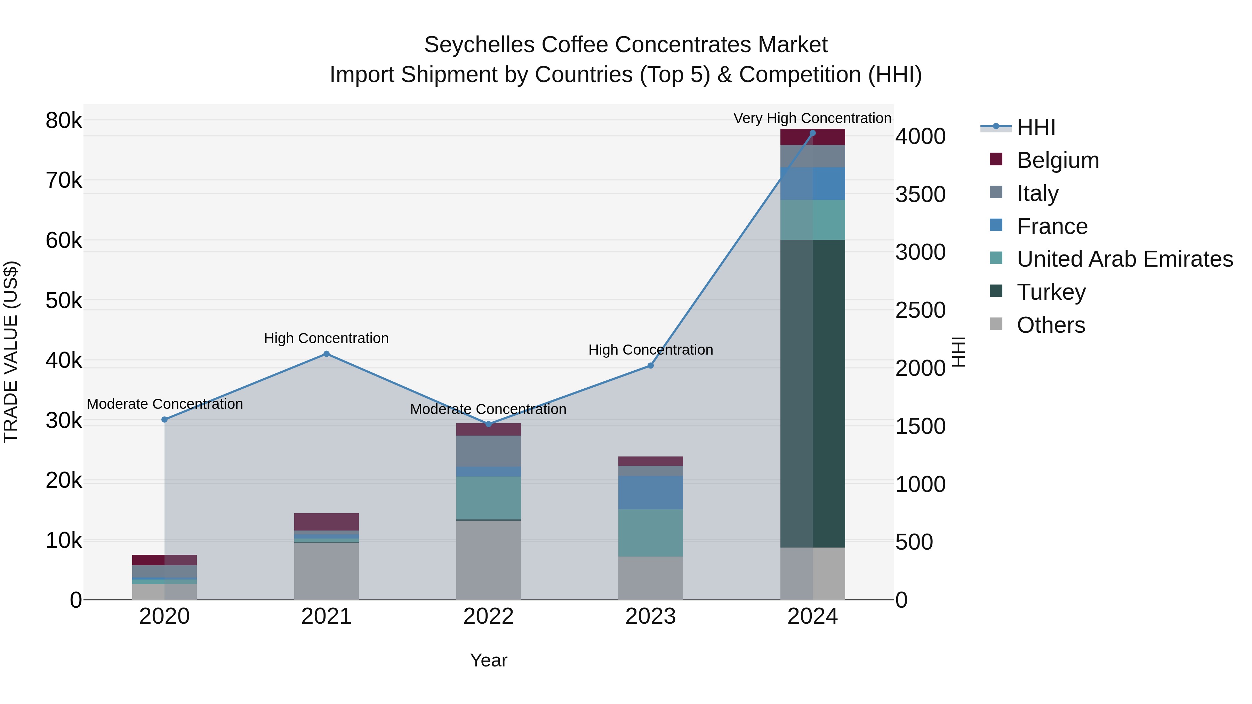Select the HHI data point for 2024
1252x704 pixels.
pyautogui.click(x=813, y=133)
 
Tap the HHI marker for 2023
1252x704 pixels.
pyautogui.click(x=651, y=365)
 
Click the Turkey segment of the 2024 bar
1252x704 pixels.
pyautogui.click(x=813, y=394)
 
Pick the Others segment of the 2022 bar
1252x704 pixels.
pyautogui.click(x=489, y=560)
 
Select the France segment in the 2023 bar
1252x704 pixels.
pyautogui.click(x=651, y=492)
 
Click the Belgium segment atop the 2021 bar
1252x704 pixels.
pyautogui.click(x=327, y=521)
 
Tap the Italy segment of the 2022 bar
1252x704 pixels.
pyautogui.click(x=489, y=451)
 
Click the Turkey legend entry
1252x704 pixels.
pyautogui.click(x=1051, y=292)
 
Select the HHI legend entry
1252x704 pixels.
pyautogui.click(x=1036, y=127)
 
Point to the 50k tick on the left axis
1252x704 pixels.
pyautogui.click(x=64, y=301)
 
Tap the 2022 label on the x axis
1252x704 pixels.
pyautogui.click(x=489, y=616)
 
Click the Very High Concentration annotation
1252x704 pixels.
pyautogui.click(x=812, y=118)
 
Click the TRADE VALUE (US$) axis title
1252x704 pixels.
pyautogui.click(x=11, y=352)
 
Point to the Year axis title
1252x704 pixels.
pyautogui.click(x=489, y=660)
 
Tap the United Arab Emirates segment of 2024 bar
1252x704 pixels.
pyautogui.click(x=813, y=220)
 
